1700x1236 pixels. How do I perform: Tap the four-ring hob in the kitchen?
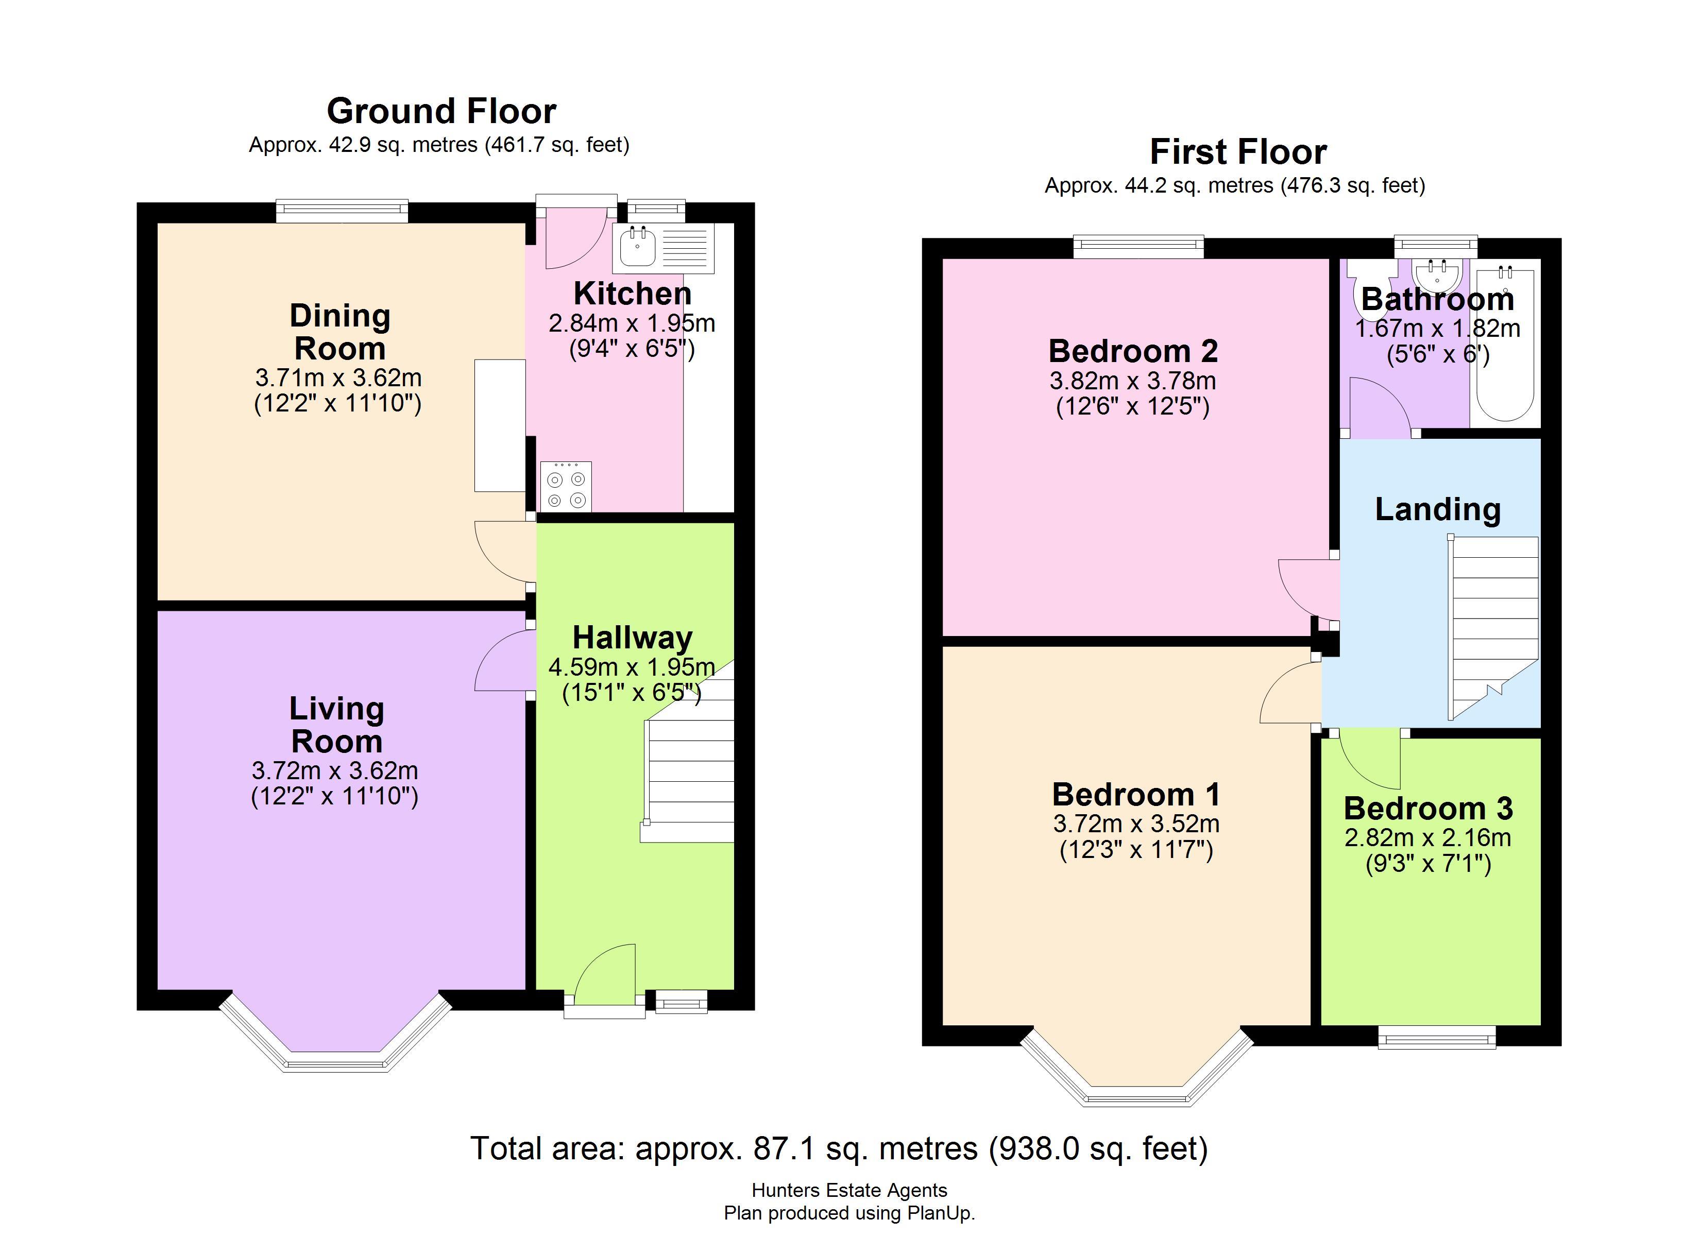click(x=566, y=487)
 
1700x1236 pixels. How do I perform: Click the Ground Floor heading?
click(x=441, y=111)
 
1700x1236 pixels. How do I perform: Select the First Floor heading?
click(x=1238, y=151)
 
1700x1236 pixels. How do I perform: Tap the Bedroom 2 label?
click(x=1133, y=351)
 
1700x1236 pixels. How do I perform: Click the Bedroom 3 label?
click(x=1428, y=808)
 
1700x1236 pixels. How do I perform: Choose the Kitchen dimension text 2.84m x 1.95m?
click(x=632, y=323)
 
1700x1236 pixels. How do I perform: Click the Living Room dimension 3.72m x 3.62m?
click(x=335, y=770)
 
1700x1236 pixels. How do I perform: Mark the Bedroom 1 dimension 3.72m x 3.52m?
click(x=1136, y=824)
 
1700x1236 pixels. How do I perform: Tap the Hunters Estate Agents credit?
click(x=849, y=1190)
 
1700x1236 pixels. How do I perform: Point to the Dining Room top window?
click(x=342, y=211)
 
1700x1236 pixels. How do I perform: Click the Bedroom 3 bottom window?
click(x=1437, y=1037)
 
